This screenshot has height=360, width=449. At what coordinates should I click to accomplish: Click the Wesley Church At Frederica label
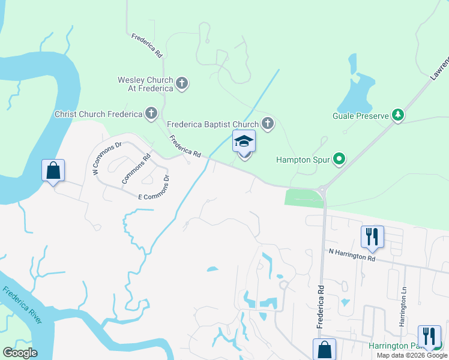click(x=145, y=84)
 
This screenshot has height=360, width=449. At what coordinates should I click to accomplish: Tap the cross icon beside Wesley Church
click(x=182, y=84)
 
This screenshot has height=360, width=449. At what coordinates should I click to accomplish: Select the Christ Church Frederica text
click(x=97, y=114)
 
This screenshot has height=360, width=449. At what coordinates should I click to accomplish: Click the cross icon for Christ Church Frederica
click(x=151, y=113)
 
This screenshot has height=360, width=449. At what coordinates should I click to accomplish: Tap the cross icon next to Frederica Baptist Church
click(x=268, y=124)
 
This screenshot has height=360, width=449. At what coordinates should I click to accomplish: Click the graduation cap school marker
click(x=244, y=142)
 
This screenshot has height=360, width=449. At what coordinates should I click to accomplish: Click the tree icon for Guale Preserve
click(x=397, y=115)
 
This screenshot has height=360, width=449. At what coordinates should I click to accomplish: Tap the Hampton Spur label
click(x=303, y=160)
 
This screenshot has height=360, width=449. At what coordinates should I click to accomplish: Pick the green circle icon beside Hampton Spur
click(x=340, y=160)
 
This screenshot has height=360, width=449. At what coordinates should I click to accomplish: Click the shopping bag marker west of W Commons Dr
click(x=53, y=170)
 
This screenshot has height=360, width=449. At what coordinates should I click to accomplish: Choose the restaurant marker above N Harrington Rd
click(x=372, y=236)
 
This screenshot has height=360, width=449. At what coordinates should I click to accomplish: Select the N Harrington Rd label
click(x=352, y=255)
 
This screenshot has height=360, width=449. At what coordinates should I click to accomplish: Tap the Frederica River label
click(x=22, y=306)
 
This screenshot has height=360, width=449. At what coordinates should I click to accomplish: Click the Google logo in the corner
click(x=20, y=353)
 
